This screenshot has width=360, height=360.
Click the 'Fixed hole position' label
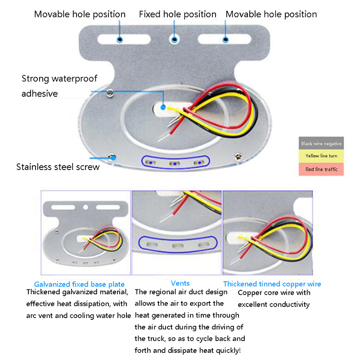(x=177, y=14)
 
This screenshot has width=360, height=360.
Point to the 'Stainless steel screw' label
(x=58, y=167)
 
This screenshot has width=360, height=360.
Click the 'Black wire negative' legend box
(x=321, y=144)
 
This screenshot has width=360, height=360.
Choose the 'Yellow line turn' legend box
(x=321, y=156)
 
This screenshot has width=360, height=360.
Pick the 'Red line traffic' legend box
(x=321, y=169)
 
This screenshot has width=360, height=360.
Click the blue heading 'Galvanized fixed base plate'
(x=79, y=284)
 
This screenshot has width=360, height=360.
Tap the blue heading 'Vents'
(x=180, y=283)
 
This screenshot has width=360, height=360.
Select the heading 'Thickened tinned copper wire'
(x=272, y=284)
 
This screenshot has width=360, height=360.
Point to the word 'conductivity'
(x=288, y=305)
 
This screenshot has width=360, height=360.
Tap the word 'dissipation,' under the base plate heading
(x=96, y=304)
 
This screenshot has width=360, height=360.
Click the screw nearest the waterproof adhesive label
(x=111, y=92)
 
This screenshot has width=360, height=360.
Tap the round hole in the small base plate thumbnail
(x=85, y=207)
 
